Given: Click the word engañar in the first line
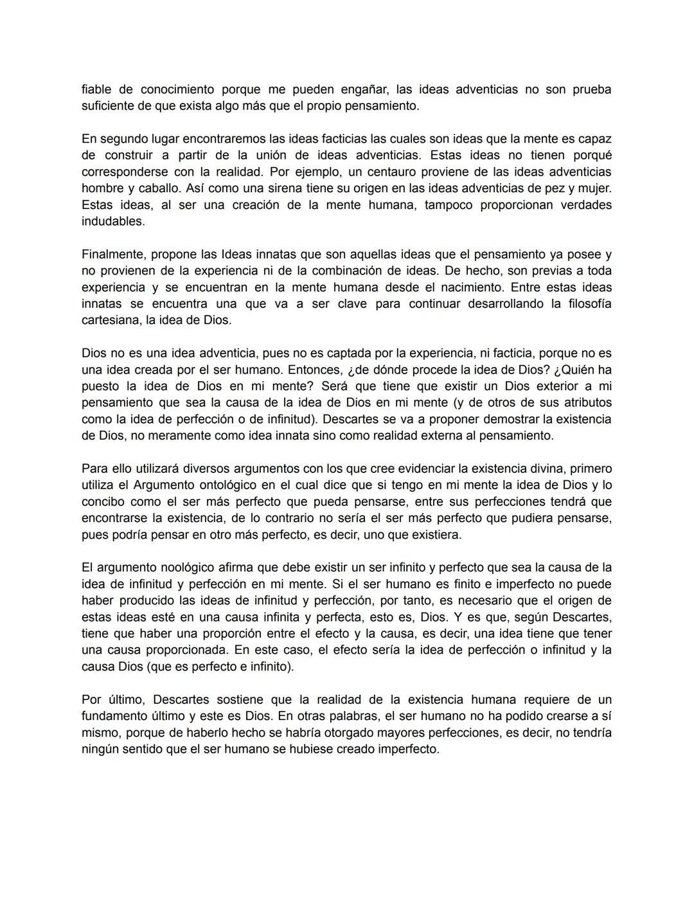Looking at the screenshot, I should pos(359,89).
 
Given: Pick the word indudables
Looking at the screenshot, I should pos(113,221).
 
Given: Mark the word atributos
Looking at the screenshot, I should pos(585,402).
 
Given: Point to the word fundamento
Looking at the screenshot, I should pos(114,716).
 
